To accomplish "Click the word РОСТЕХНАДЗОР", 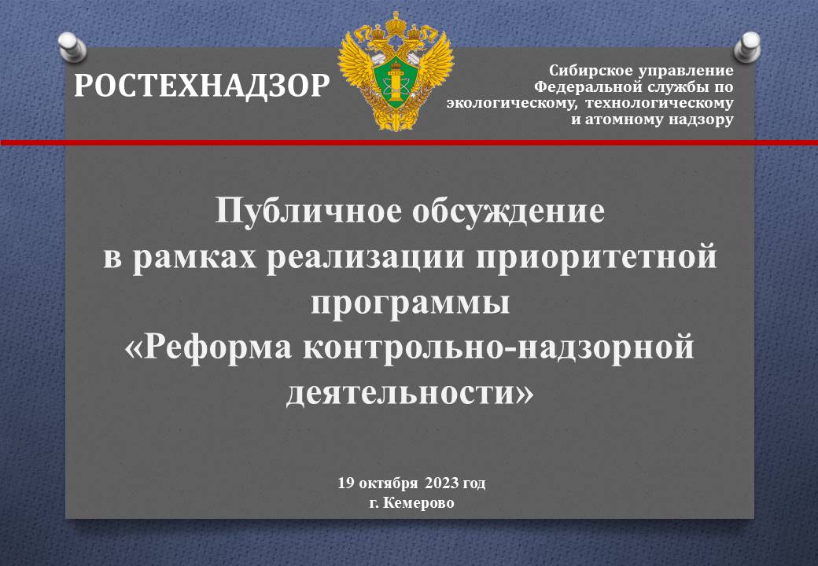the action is [x=201, y=86].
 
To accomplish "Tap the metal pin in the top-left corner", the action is [x=72, y=47].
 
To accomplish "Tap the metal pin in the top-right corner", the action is [x=747, y=47].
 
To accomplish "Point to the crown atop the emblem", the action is [x=396, y=24].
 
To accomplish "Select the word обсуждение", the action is [x=509, y=211].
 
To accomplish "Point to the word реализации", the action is [x=365, y=258].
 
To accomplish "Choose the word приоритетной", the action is [x=596, y=258].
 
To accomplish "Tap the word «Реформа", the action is [x=208, y=347].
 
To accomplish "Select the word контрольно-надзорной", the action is [x=498, y=347].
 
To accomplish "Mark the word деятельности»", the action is [x=410, y=393].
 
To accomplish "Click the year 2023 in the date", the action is [x=442, y=483].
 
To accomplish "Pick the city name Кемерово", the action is [x=418, y=503].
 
